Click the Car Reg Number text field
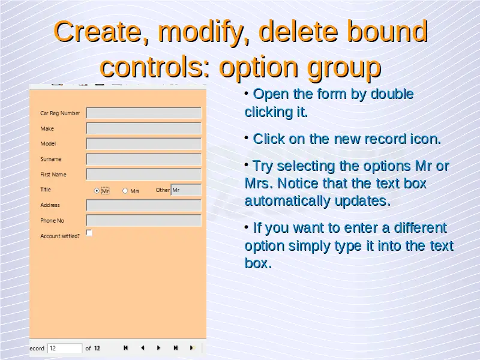click(x=144, y=113)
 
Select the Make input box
click(x=144, y=128)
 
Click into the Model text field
click(x=144, y=143)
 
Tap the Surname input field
click(x=144, y=159)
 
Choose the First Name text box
click(x=144, y=175)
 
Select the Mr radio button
click(x=97, y=191)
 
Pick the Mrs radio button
click(x=125, y=191)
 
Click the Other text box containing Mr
click(x=186, y=190)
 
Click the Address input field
click(x=144, y=205)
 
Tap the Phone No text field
click(x=144, y=220)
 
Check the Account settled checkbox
click(x=89, y=233)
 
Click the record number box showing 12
click(x=65, y=348)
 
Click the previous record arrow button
click(x=143, y=348)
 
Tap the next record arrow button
click(x=158, y=348)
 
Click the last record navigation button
click(x=176, y=348)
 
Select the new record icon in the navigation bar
click(x=192, y=348)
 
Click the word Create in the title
click(x=97, y=31)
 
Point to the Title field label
click(x=46, y=190)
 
